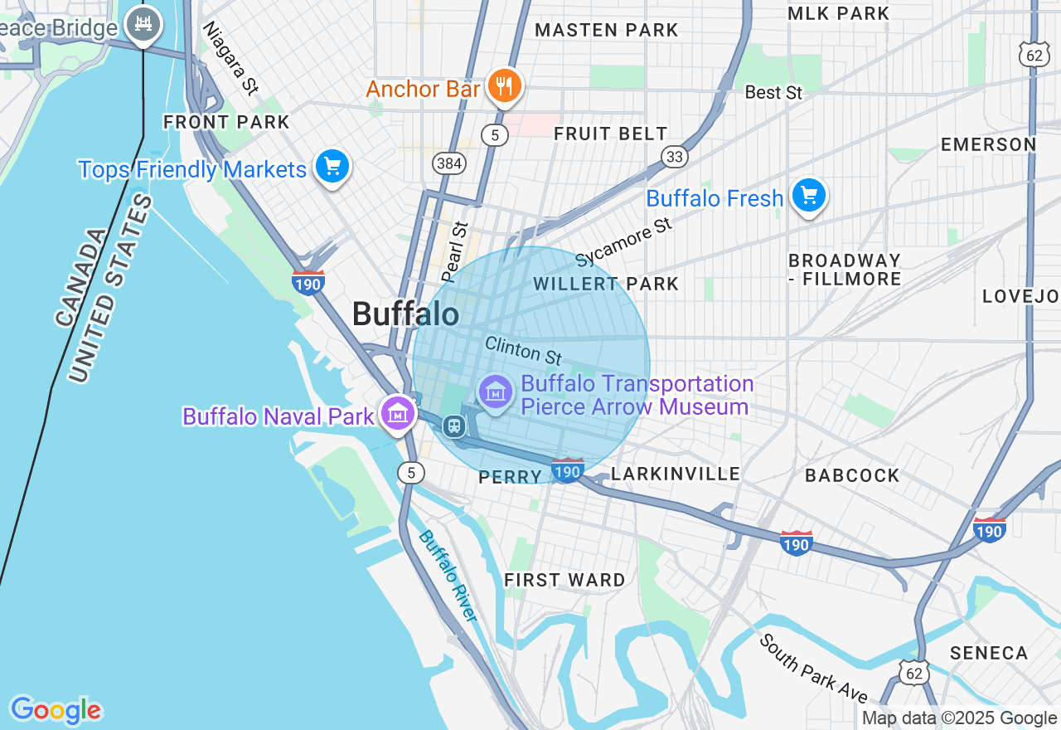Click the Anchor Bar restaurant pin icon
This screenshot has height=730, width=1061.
tap(503, 85)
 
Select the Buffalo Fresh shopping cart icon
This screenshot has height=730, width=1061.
tap(808, 197)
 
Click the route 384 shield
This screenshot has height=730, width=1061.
tap(448, 163)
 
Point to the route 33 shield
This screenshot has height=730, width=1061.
tap(675, 157)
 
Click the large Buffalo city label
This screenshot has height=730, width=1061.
tap(405, 314)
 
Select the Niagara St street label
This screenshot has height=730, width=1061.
tap(230, 57)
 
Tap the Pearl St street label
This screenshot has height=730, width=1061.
tap(455, 251)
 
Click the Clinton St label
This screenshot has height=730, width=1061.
tap(523, 350)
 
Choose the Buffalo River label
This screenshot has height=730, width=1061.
tap(448, 576)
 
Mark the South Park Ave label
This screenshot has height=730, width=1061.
tap(813, 668)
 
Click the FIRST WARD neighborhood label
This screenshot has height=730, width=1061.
tap(564, 580)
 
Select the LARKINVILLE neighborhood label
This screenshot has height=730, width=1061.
tap(675, 474)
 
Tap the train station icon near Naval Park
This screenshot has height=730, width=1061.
tap(453, 426)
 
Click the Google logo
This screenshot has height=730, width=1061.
tap(56, 710)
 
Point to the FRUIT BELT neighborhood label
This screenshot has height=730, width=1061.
tap(610, 134)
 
